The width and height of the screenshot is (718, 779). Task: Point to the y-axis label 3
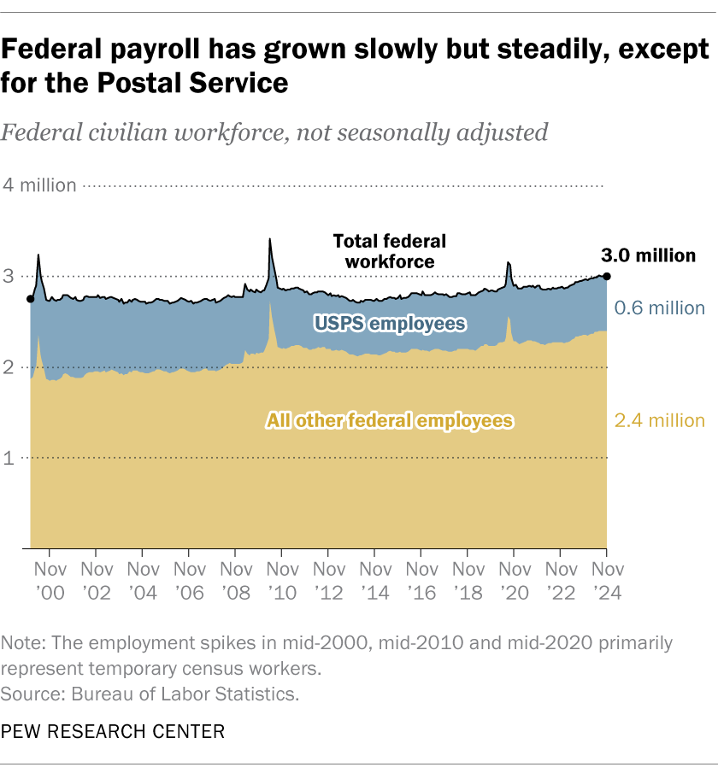[x=9, y=276]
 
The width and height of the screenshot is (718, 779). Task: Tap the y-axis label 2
[x=9, y=367]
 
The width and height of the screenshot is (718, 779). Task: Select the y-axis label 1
[x=9, y=459]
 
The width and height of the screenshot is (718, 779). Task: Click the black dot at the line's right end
[x=607, y=276]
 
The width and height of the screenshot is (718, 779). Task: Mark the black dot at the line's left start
[x=31, y=299]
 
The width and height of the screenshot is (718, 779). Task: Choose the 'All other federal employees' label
[x=390, y=420]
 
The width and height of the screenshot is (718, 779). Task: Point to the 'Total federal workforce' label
[x=389, y=251]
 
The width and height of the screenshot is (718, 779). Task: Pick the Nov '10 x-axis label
[x=281, y=578]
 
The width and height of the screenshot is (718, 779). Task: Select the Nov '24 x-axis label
[x=607, y=578]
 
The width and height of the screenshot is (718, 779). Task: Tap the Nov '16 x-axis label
[x=421, y=578]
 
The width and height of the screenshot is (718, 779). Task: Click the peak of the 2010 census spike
[x=270, y=239]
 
